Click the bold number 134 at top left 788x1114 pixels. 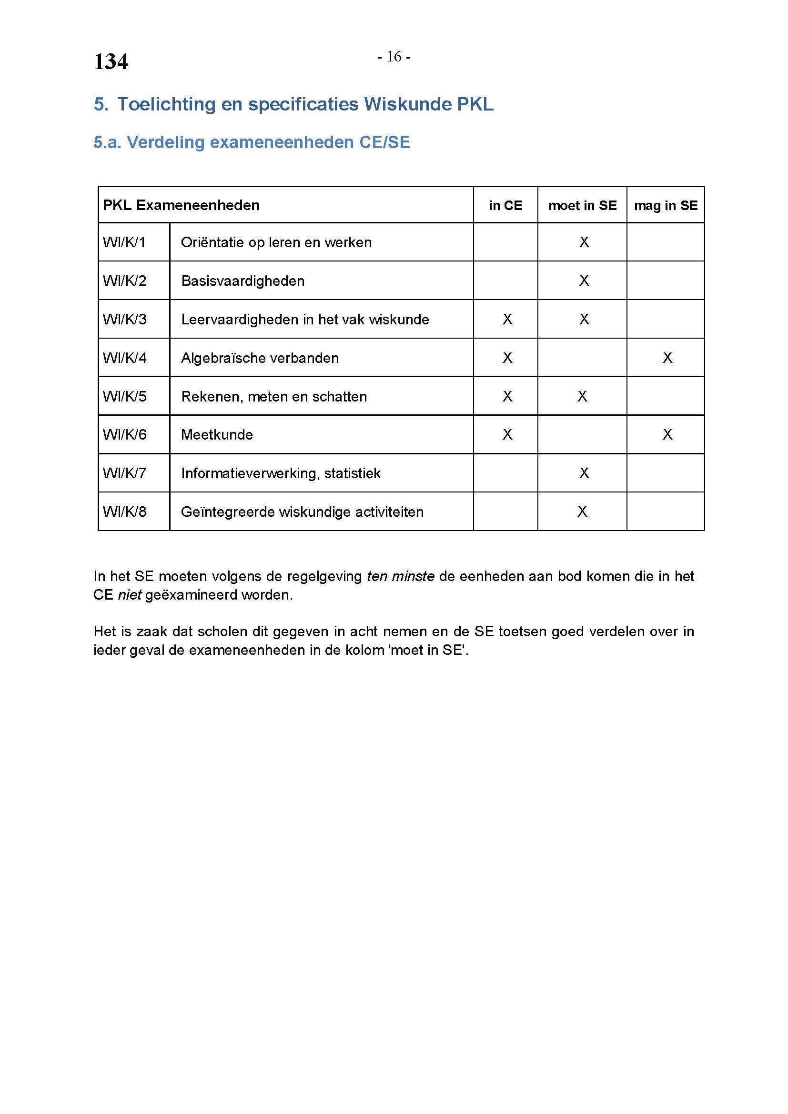(111, 62)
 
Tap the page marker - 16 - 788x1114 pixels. (394, 57)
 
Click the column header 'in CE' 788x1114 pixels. (505, 206)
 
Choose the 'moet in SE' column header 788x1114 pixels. (582, 206)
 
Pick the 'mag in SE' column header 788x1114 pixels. (666, 206)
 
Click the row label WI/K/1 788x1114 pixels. (124, 242)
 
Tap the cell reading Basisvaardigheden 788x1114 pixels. (242, 281)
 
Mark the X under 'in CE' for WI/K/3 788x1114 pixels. (507, 319)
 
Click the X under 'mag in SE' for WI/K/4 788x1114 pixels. (667, 358)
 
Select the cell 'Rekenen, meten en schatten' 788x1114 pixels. (273, 397)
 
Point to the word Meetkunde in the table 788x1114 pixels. (217, 435)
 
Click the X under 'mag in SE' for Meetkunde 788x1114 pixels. (667, 435)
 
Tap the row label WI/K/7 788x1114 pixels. (125, 473)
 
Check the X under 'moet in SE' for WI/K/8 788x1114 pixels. (582, 512)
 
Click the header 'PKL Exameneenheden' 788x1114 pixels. (181, 205)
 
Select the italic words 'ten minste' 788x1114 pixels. (400, 576)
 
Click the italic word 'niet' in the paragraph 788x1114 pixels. (129, 595)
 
